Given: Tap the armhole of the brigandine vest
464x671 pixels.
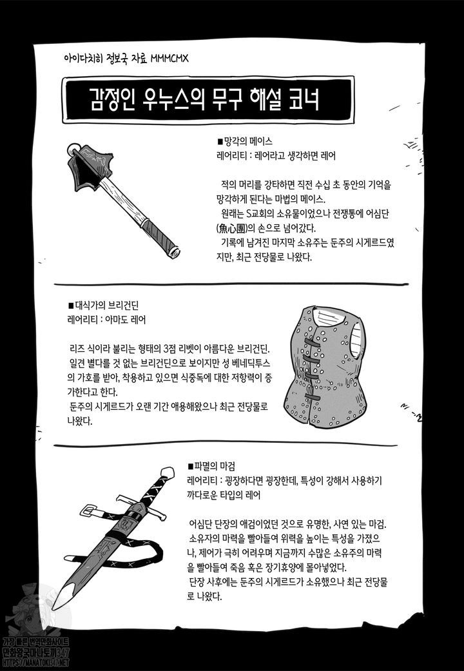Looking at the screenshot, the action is (356, 340).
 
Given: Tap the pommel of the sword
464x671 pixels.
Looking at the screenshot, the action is (168, 472).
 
